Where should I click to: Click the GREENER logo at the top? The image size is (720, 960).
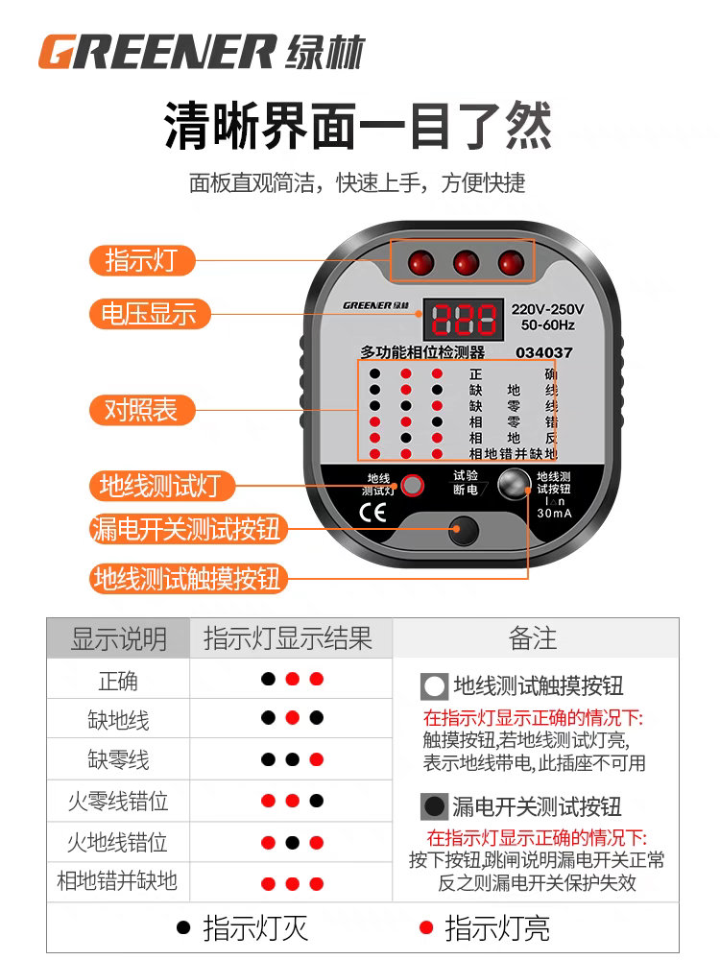[x=202, y=52]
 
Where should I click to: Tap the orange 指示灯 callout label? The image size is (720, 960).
[x=142, y=260]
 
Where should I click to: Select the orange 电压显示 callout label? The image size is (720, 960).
[x=150, y=314]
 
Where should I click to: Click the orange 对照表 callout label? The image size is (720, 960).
[x=142, y=410]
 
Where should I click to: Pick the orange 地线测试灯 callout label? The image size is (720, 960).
[x=162, y=486]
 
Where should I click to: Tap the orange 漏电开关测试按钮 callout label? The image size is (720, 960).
[x=188, y=529]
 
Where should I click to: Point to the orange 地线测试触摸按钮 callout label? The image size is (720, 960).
[x=188, y=579]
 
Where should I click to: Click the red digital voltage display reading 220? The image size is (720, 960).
[x=464, y=319]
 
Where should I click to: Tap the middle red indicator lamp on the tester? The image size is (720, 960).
[x=466, y=263]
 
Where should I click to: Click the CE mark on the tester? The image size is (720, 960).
[x=372, y=512]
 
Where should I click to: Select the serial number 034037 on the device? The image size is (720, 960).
[x=543, y=352]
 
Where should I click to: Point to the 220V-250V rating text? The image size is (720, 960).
[x=547, y=309]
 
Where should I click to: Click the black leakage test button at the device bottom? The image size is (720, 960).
[x=464, y=530]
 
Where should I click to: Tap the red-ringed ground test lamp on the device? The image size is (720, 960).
[x=413, y=485]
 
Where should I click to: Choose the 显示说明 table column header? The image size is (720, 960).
[x=119, y=638]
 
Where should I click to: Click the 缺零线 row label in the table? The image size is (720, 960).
[x=118, y=759]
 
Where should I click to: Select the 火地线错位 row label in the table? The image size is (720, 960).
[x=117, y=843]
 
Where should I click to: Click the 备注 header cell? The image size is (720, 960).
[x=533, y=638]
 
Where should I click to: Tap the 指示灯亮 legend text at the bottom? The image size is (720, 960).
[x=497, y=928]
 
